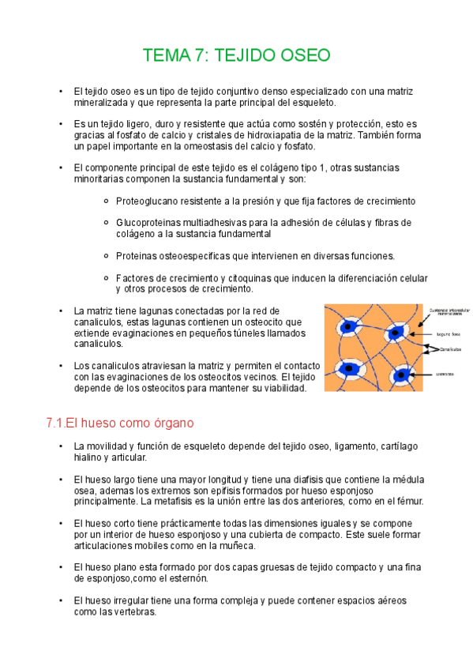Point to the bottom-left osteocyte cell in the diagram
point(348,367)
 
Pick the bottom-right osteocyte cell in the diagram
point(403,374)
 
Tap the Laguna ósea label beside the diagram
point(448,333)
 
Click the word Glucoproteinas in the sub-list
point(150,223)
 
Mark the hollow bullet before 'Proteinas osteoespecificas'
point(106,256)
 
